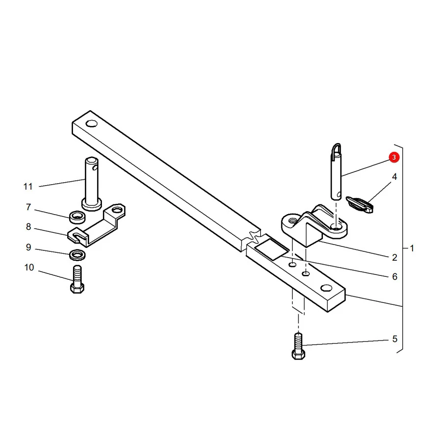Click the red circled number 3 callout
[394, 157]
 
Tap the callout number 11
[28, 187]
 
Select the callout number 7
[28, 207]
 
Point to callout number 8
[28, 227]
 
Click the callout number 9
[28, 247]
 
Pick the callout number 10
[29, 267]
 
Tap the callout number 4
[394, 176]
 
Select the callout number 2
[394, 257]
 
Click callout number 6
[394, 276]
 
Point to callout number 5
[394, 339]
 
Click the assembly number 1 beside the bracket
[412, 248]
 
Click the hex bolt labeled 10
[77, 279]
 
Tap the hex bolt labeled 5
[298, 346]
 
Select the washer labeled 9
[77, 255]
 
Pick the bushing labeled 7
[77, 218]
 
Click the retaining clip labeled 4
[360, 204]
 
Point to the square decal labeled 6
[271, 249]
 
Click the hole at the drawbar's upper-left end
[92, 123]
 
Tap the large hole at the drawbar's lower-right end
[326, 288]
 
